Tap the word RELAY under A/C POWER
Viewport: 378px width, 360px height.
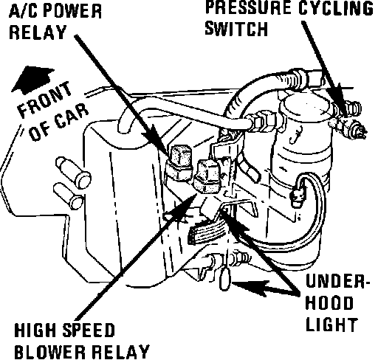point(38,32)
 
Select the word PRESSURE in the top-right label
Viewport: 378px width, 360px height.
point(248,8)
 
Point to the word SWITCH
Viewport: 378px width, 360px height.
point(236,29)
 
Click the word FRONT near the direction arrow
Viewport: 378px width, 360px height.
point(44,100)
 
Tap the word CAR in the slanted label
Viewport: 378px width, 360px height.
point(72,116)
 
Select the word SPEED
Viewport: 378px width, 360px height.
point(89,330)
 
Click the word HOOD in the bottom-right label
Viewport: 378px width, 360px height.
point(329,303)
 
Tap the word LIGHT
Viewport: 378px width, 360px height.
point(331,325)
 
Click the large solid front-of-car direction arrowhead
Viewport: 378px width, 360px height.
point(32,78)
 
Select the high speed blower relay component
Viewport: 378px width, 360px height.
point(207,176)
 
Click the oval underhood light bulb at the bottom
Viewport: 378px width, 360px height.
point(224,279)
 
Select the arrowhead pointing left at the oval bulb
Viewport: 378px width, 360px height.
point(249,288)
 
